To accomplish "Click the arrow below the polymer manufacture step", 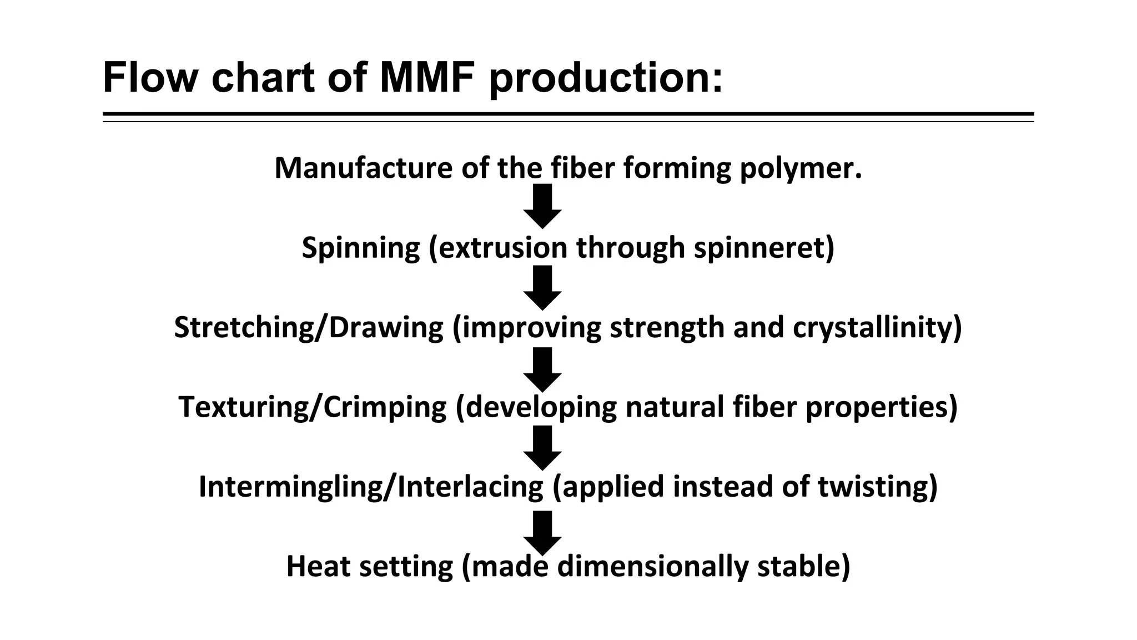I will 542,206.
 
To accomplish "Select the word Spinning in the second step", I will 361,248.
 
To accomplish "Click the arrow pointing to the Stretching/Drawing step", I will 542,287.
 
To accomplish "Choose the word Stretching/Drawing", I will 309,327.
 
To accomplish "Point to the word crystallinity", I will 877,327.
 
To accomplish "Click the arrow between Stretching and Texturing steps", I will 542,369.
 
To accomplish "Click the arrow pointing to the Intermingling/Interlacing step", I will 542,448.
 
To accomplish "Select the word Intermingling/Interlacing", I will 371,487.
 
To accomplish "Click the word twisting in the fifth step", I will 877,487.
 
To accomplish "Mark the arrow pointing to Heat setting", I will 542,532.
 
